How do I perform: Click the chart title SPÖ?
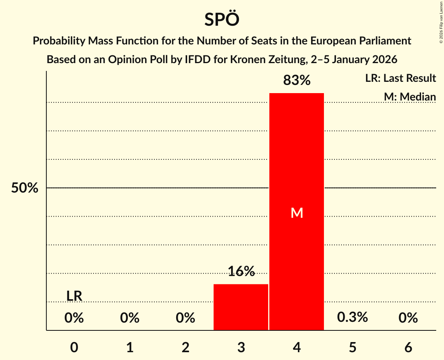[x=221, y=19]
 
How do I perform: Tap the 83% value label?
[x=297, y=80]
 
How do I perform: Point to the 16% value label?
[x=241, y=272]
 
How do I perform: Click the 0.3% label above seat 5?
[x=352, y=317]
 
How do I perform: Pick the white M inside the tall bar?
[x=297, y=213]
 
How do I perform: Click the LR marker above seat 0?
[x=74, y=296]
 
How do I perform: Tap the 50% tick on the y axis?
[x=25, y=188]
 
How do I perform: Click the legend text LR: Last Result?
[x=400, y=78]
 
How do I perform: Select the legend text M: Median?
[x=410, y=97]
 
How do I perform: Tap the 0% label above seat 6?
[x=408, y=318]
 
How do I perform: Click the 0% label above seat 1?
[x=130, y=318]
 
